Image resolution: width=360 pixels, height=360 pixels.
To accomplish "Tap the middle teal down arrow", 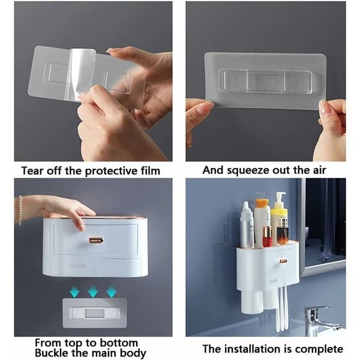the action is click(x=93, y=292).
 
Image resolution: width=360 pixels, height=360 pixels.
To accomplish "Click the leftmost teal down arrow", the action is click(x=74, y=292).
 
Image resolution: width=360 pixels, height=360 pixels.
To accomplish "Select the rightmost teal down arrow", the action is click(x=112, y=292).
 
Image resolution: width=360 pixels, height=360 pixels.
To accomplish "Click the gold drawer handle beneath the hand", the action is click(x=96, y=240).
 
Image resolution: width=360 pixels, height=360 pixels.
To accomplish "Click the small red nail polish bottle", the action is click(x=267, y=236).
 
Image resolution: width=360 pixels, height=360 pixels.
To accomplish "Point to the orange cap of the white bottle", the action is click(x=262, y=203).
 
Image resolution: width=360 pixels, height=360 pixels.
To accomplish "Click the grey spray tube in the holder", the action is click(x=247, y=225).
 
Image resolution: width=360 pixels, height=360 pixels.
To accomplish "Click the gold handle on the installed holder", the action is click(x=283, y=261).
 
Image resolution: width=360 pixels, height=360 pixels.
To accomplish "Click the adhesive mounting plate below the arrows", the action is click(x=95, y=313).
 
